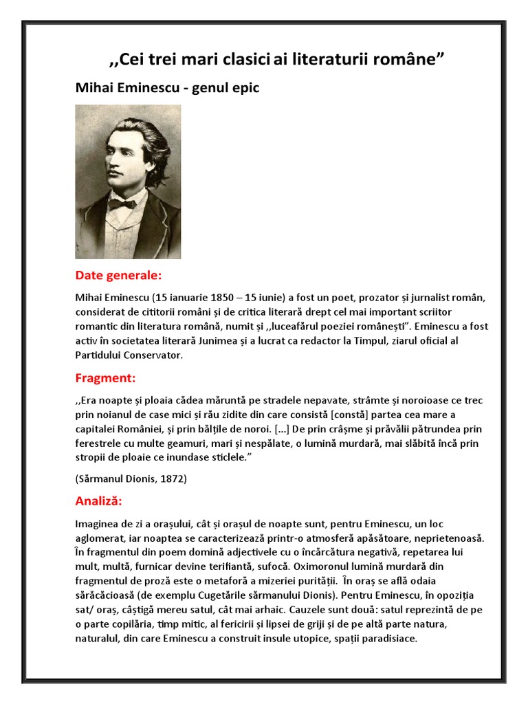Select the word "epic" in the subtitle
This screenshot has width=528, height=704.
245,89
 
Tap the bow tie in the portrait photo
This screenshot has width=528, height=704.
122,203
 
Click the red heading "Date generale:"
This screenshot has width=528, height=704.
118,276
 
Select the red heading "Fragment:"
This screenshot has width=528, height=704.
105,378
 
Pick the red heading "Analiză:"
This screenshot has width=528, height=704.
99,500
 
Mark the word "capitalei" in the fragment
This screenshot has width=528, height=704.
97,429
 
